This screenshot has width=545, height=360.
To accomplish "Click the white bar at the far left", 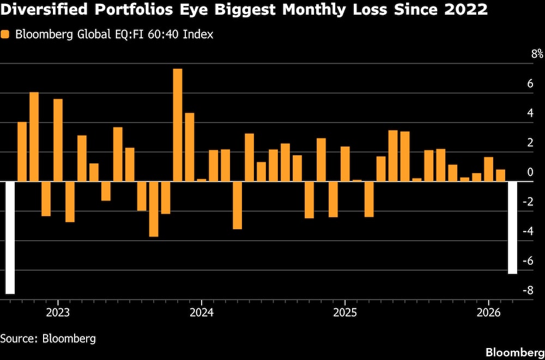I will coord(10,237).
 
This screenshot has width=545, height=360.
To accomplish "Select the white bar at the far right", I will coord(512,228).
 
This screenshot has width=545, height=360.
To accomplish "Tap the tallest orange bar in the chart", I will coord(178,125).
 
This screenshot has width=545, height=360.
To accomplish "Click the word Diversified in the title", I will coord(41,9).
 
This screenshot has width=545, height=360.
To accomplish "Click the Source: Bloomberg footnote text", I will coord(48,338).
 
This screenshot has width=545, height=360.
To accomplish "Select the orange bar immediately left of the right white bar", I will coord(500,175).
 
